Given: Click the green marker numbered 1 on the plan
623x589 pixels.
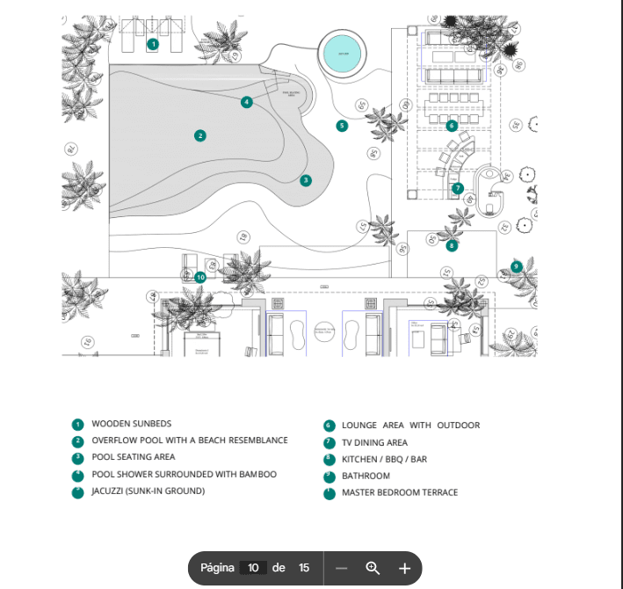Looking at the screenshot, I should pyautogui.click(x=153, y=43).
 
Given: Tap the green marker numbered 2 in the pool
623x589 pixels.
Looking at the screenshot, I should pyautogui.click(x=200, y=135).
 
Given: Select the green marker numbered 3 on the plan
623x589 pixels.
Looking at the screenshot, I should pyautogui.click(x=306, y=180).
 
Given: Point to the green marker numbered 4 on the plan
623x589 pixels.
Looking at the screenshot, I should pyautogui.click(x=247, y=102).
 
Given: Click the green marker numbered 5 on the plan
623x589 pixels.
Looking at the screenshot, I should pyautogui.click(x=342, y=126).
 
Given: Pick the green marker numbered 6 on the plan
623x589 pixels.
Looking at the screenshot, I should pyautogui.click(x=452, y=126).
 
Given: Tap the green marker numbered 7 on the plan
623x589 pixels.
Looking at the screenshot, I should pyautogui.click(x=458, y=188).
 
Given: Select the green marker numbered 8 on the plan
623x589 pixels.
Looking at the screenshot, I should pyautogui.click(x=452, y=246).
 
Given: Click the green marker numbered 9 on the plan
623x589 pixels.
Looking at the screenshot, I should pyautogui.click(x=516, y=266).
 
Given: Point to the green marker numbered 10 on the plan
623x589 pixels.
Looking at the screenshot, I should pyautogui.click(x=200, y=277).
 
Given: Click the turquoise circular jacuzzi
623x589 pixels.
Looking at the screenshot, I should pyautogui.click(x=341, y=55).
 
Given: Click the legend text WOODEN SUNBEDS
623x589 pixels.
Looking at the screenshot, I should pyautogui.click(x=131, y=425).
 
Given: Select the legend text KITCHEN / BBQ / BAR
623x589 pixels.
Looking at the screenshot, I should pyautogui.click(x=384, y=459).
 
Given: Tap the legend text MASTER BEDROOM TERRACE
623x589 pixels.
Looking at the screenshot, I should pyautogui.click(x=400, y=492).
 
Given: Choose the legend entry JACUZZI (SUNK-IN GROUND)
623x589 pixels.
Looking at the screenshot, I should pyautogui.click(x=148, y=491).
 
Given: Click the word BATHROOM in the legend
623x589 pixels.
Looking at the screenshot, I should pyautogui.click(x=366, y=476).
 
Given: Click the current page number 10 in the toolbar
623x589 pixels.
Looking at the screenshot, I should pyautogui.click(x=253, y=568).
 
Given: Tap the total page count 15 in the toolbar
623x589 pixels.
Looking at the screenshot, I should pyautogui.click(x=304, y=568).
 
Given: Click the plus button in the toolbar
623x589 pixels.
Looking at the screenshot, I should pyautogui.click(x=404, y=568).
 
